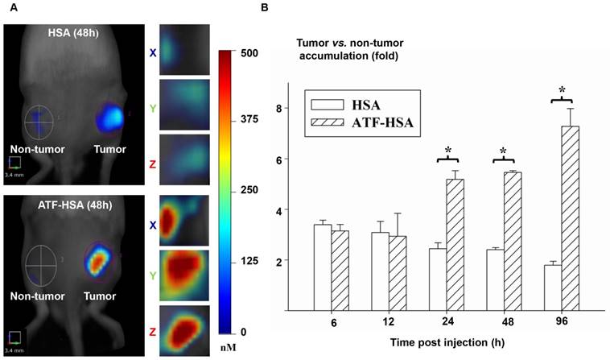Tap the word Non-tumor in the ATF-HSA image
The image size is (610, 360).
(38, 296)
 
